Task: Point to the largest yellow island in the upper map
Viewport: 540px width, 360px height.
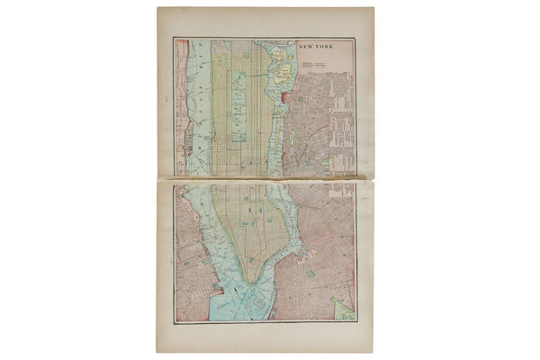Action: pyautogui.click(x=283, y=67)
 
